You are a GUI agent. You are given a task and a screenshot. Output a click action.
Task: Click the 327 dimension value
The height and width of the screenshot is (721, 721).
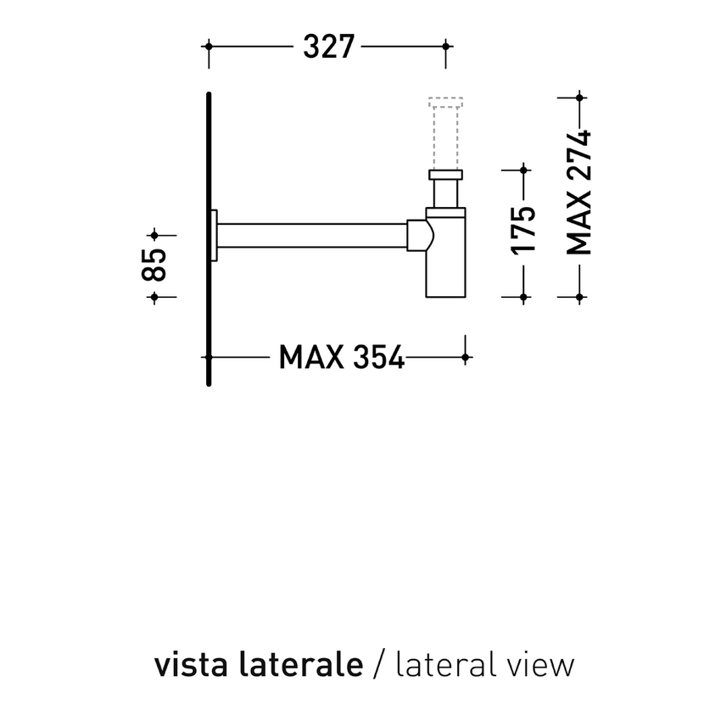pos(328,47)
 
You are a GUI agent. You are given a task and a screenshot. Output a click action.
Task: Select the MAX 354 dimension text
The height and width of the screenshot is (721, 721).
pos(341,358)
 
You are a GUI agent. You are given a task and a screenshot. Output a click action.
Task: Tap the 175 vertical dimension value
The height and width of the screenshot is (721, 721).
pos(524,230)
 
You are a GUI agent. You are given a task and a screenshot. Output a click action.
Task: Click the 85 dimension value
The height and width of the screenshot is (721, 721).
pos(154,265)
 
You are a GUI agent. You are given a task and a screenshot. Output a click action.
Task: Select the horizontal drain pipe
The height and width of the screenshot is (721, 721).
pos(314,235)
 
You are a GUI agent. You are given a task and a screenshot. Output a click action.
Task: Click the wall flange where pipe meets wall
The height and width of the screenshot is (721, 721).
pos(215,235)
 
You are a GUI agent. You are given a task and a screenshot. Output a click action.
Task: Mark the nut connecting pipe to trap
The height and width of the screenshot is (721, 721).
pos(418,235)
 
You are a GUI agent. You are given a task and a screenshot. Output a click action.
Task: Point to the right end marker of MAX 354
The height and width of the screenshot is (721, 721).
pos(465,358)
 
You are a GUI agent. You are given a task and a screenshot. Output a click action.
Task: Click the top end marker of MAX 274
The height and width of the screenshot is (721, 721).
pos(579,98)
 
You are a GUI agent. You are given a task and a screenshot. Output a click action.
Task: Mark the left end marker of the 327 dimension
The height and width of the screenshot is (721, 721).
pos(209,47)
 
